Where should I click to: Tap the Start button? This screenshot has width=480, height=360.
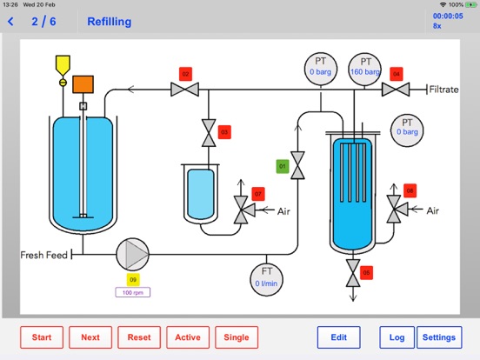[42, 337]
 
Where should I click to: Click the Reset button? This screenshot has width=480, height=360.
[139, 337]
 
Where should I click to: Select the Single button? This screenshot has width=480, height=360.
[237, 337]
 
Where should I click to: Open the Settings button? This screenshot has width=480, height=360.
[439, 337]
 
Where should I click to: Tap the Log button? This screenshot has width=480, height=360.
[397, 337]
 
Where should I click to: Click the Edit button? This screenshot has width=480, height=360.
[338, 337]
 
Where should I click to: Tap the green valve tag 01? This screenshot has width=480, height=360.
[283, 167]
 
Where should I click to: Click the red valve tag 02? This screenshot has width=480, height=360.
[185, 74]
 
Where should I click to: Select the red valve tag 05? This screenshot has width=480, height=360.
[366, 273]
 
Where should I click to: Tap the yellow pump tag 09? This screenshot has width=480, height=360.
[133, 279]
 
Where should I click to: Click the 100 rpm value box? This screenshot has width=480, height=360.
[133, 292]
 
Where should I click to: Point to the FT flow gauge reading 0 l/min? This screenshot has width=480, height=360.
[266, 280]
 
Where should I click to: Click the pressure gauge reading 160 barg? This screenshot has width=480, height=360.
[364, 70]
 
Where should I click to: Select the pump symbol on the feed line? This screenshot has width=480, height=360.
[132, 255]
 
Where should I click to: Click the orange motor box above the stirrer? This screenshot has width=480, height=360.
[83, 84]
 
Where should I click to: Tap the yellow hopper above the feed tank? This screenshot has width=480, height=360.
[63, 65]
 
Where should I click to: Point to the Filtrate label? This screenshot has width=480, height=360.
[443, 90]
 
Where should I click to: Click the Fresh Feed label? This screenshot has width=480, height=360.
[43, 255]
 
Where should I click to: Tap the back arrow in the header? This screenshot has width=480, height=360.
[10, 22]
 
